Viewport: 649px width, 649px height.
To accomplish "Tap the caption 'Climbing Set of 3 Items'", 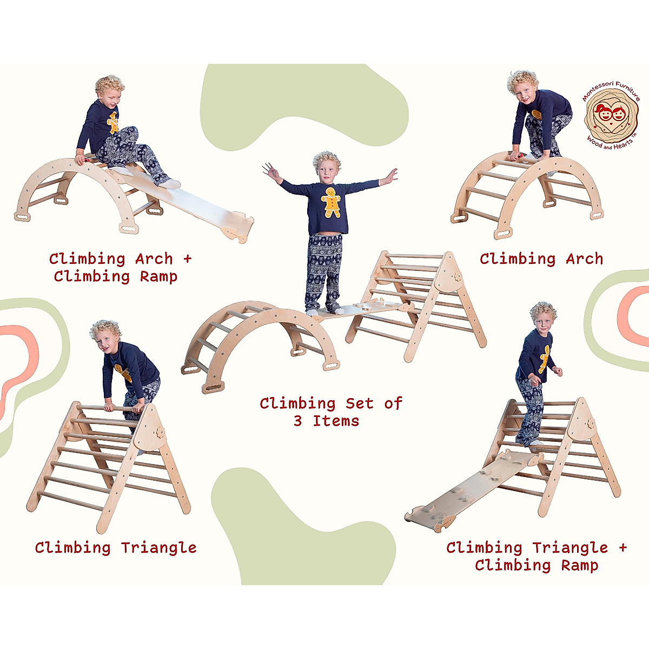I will pos(330,412).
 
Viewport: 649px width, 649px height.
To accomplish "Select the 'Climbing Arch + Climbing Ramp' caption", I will pos(120,267).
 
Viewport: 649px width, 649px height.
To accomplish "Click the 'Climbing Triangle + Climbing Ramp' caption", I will pos(536,556).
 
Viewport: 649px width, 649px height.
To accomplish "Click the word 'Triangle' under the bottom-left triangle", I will pos(158,547).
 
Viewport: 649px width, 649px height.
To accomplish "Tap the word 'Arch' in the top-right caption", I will pos(584,259).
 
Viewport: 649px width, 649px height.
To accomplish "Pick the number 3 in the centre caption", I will pos(298,421).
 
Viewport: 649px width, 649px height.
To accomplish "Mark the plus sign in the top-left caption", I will pos(187,259).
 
